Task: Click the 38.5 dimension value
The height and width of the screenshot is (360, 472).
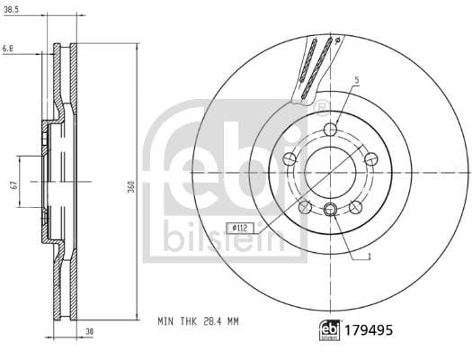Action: click(x=11, y=10)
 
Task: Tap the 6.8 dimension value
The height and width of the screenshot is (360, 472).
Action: click(x=8, y=49)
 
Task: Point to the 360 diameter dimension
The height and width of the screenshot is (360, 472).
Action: click(x=131, y=187)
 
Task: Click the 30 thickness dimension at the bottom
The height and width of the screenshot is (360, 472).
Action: click(x=90, y=331)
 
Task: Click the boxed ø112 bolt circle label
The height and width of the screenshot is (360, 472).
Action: click(x=240, y=228)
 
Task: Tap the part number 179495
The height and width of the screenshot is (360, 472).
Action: click(x=369, y=330)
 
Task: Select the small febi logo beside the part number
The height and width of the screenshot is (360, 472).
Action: click(x=330, y=330)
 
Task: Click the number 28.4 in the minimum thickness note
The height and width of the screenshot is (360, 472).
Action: click(x=209, y=321)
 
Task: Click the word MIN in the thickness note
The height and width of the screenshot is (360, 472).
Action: click(x=165, y=321)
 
